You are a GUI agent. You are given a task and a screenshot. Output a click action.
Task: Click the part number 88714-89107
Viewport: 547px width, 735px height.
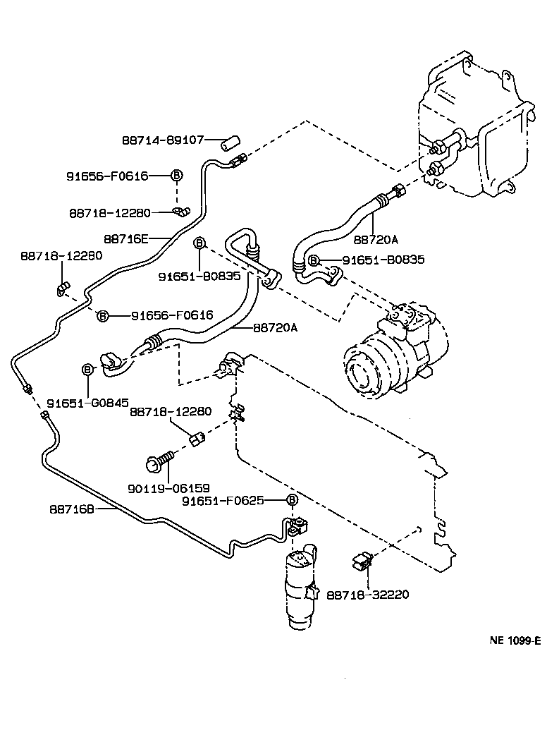pos(164,140)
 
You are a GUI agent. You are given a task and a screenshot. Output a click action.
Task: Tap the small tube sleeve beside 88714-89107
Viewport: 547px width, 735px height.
pos(228,141)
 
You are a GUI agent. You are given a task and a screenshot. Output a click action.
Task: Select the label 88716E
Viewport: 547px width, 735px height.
pos(125,238)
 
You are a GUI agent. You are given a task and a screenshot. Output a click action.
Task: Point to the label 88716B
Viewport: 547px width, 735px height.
pos(72,508)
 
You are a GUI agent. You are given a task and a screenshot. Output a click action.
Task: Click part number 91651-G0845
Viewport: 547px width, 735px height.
pos(87,403)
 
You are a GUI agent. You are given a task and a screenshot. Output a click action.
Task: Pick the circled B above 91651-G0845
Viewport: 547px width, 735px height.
pos(88,369)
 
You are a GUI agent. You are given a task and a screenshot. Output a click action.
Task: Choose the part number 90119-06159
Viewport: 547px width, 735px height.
pos(169,487)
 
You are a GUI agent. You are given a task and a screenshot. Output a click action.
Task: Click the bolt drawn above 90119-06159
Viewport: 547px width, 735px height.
pos(158,461)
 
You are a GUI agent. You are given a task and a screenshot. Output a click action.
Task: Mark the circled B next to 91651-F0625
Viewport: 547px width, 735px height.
pos(290,500)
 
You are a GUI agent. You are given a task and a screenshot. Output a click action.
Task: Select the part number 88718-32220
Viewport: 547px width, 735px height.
pos(367,595)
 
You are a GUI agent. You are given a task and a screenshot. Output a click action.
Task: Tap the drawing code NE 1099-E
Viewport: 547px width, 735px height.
pos(515,640)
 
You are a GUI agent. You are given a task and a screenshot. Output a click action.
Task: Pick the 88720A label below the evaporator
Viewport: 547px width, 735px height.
pos(375,240)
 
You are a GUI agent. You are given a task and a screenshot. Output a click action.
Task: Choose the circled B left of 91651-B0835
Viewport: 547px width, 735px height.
pos(314,260)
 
